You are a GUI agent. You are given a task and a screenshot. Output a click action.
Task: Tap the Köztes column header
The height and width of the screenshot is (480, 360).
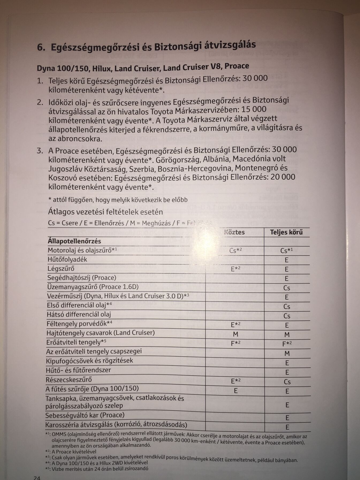pos(234,232)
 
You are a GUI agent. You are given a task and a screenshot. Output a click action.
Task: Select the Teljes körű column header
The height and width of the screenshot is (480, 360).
pos(286,232)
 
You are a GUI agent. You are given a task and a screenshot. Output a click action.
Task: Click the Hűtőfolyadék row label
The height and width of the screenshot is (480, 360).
pos(67,259)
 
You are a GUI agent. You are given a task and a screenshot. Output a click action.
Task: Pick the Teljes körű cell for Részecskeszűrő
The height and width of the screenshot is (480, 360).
pos(287,382)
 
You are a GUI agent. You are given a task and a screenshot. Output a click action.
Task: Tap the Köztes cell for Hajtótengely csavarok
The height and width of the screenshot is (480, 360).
pos(236,334)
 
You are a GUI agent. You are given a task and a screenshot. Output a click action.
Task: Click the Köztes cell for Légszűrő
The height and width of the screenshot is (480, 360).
pos(236,269)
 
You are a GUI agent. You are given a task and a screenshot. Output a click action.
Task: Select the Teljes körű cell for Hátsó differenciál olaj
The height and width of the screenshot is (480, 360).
pos(287,316)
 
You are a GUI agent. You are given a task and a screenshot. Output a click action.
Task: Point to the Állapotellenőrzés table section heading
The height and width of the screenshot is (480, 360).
pos(74,241)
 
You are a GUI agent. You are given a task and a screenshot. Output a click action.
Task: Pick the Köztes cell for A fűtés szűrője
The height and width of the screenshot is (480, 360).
pos(236,391)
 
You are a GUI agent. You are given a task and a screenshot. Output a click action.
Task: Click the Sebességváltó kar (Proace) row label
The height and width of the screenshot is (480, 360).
pos(85,415)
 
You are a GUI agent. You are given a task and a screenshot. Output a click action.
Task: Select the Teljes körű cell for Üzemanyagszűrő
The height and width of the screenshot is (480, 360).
pos(287,288)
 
